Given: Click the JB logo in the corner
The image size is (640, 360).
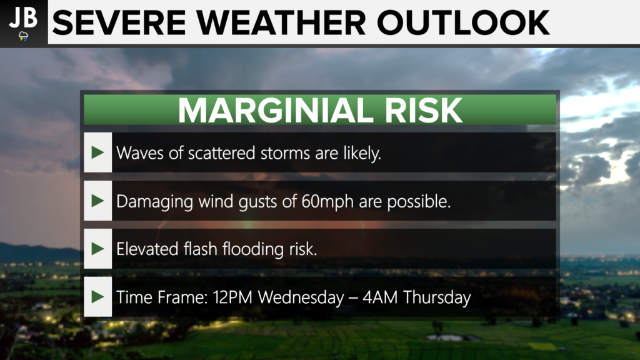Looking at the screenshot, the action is tap(24, 22).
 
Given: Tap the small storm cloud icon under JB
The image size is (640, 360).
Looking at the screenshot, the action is tap(24, 36).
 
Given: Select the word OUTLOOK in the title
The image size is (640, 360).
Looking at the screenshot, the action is tap(463, 23).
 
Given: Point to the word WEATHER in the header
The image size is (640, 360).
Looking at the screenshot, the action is tap(281, 23).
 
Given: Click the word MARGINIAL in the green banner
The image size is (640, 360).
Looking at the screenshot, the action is tap(276, 110).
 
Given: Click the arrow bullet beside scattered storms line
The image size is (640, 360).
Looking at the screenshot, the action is tap(97, 152).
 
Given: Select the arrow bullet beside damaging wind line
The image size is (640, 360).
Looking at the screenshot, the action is tap(97, 201).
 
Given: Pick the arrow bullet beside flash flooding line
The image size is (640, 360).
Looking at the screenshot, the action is tap(97, 249).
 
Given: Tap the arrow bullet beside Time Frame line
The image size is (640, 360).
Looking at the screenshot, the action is tap(97, 297).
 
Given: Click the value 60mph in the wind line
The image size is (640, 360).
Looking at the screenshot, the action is tap(327, 201).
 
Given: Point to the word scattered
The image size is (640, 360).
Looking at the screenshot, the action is tap(222, 153).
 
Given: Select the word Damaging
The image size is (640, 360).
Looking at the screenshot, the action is tap(155, 202).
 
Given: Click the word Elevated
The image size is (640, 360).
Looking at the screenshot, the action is tap(147, 249).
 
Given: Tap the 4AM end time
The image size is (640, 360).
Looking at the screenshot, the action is tap(380, 297).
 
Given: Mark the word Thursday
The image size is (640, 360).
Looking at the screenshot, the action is tap(437, 297).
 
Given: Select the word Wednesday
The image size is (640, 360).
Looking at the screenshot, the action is tap(301, 297).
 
